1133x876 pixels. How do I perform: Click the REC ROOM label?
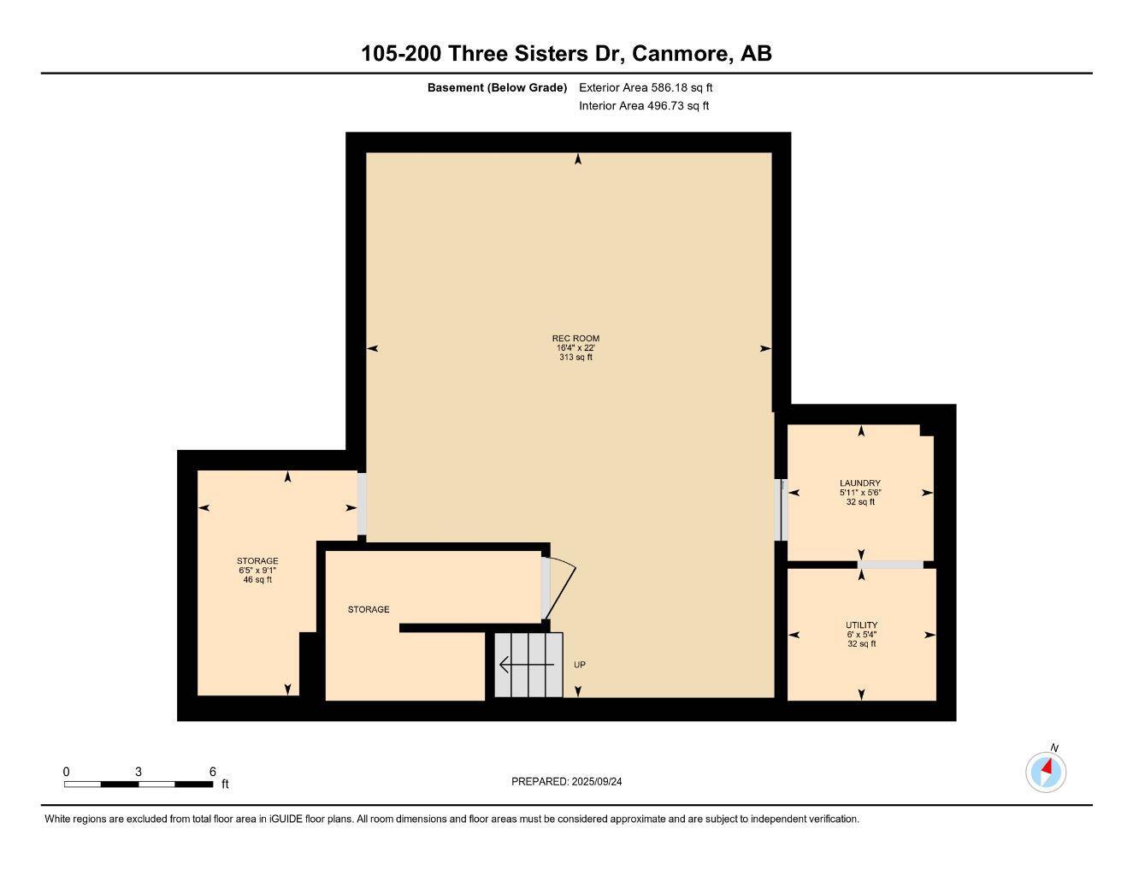click(575, 339)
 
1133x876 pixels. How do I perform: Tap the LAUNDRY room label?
click(859, 483)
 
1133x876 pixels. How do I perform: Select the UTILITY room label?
click(861, 625)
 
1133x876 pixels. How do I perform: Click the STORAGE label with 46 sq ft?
click(257, 561)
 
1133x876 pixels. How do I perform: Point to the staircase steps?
click(528, 665)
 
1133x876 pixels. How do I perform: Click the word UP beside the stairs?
click(580, 665)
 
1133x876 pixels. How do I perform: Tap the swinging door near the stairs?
click(559, 589)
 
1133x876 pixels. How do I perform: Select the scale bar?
click(139, 784)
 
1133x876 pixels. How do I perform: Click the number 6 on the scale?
click(212, 772)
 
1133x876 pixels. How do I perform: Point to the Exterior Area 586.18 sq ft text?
click(646, 87)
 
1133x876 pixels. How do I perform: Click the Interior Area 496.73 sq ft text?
click(644, 106)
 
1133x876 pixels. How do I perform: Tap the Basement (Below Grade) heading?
click(497, 87)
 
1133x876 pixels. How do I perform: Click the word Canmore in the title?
click(681, 53)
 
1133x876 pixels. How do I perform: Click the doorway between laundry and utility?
click(890, 565)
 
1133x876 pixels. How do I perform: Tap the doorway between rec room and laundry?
click(780, 510)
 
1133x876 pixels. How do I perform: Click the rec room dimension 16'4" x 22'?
click(575, 348)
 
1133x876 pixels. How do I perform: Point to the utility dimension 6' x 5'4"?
click(861, 635)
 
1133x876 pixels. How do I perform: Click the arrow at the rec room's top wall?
click(578, 159)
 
